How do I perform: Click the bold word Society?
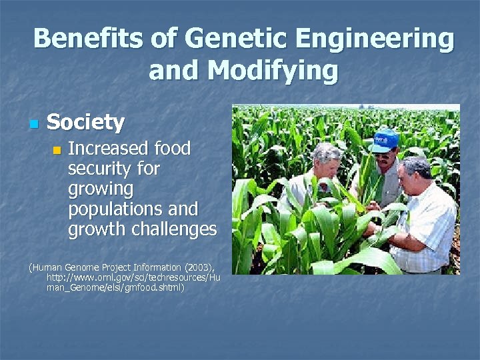(x=85, y=123)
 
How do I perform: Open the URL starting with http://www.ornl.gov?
(x=133, y=278)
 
